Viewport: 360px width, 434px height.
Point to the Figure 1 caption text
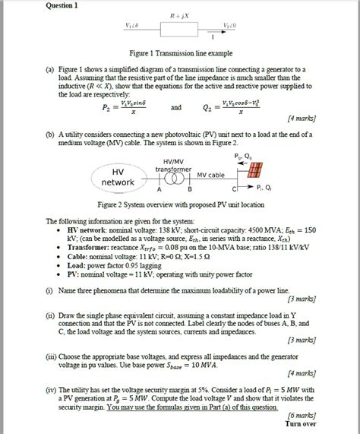[180, 54]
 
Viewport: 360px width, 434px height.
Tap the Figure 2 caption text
[180, 205]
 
